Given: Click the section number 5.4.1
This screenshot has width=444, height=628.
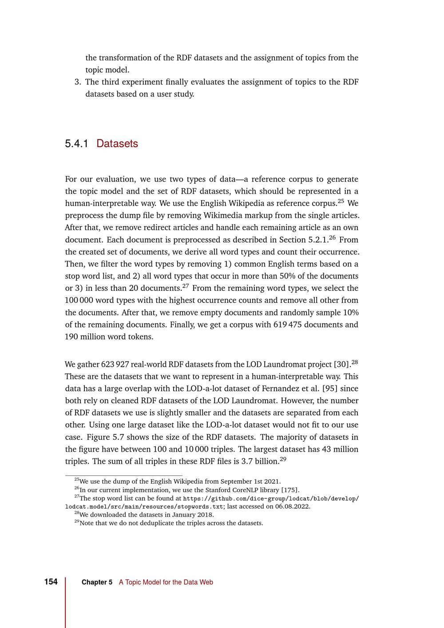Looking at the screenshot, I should pos(76,144).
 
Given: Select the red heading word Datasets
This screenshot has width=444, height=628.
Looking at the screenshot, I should pos(117,144).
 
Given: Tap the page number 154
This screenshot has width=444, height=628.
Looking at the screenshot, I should pos(51,582).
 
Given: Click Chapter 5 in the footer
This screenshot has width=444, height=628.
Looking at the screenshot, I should pos(97,582).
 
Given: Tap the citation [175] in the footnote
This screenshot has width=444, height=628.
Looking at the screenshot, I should pos(291,490).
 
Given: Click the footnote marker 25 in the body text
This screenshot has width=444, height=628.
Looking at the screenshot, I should pos(341,201).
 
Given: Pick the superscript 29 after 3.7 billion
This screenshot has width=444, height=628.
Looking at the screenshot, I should pos(283,459).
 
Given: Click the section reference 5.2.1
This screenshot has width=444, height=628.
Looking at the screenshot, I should pos(318,240).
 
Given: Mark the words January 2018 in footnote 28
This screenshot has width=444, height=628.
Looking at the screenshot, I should pos(195,515).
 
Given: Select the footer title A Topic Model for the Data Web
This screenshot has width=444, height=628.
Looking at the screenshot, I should pos(166,582).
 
